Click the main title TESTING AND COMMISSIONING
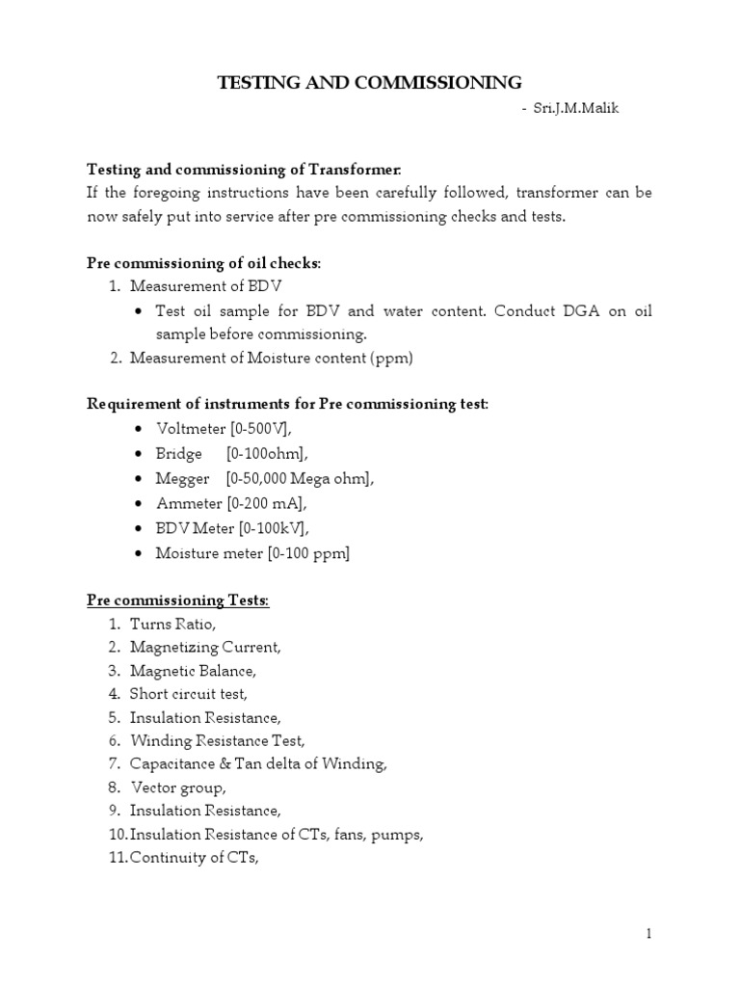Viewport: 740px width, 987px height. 370,82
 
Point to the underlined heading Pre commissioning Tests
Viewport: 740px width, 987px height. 178,600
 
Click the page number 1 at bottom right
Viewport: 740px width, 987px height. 649,934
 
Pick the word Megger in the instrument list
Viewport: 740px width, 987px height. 180,478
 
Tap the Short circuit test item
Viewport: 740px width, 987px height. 189,694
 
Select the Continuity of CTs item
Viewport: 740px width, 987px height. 195,858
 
